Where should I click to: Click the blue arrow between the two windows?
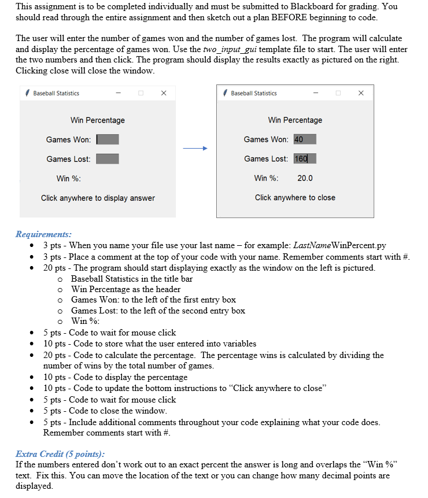[x=195, y=149]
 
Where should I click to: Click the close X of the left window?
[x=164, y=93]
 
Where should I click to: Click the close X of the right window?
[x=361, y=93]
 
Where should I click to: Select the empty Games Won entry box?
[x=108, y=139]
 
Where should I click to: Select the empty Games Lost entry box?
[x=108, y=159]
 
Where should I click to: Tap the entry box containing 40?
[x=305, y=139]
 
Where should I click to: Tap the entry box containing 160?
[x=305, y=159]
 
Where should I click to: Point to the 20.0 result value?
[x=305, y=178]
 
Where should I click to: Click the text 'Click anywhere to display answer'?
[x=98, y=198]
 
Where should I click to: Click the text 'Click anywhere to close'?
[x=295, y=198]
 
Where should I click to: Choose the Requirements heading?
[x=43, y=234]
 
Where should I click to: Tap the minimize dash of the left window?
[x=118, y=93]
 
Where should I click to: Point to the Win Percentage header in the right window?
[x=295, y=120]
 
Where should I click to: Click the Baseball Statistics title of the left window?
[x=56, y=93]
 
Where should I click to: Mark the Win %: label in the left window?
[x=68, y=178]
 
